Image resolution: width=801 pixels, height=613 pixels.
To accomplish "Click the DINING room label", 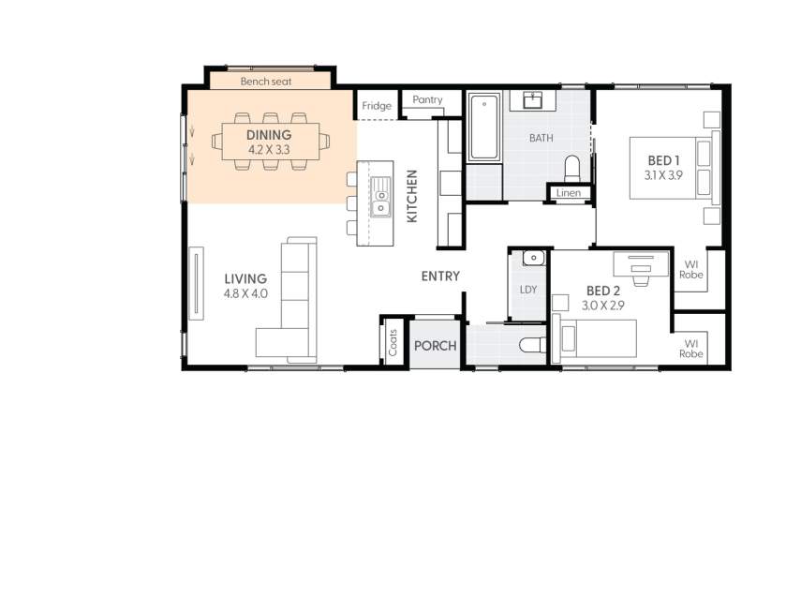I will [x=269, y=136].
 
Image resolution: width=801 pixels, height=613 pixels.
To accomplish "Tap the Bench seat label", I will [x=266, y=82].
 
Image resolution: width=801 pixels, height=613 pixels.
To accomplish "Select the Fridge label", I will [x=377, y=106].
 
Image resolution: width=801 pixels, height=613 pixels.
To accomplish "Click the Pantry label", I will [x=427, y=99].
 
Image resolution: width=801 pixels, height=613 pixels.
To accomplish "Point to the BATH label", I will [x=541, y=138].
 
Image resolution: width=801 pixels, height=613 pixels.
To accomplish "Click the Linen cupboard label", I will [x=569, y=193].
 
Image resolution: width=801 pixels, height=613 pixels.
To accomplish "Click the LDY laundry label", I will [x=528, y=290].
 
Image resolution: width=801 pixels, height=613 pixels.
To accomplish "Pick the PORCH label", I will [x=435, y=346].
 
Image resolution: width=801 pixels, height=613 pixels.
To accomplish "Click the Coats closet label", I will [x=393, y=342].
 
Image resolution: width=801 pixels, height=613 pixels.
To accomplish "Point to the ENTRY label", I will [x=440, y=277].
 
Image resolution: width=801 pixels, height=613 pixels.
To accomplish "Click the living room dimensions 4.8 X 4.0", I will [x=245, y=293].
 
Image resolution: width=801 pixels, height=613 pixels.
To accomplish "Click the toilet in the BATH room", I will [x=572, y=168].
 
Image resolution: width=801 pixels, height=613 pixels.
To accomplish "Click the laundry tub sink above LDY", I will [x=533, y=259].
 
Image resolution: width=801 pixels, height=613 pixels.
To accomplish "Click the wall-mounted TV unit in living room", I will [x=196, y=283].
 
